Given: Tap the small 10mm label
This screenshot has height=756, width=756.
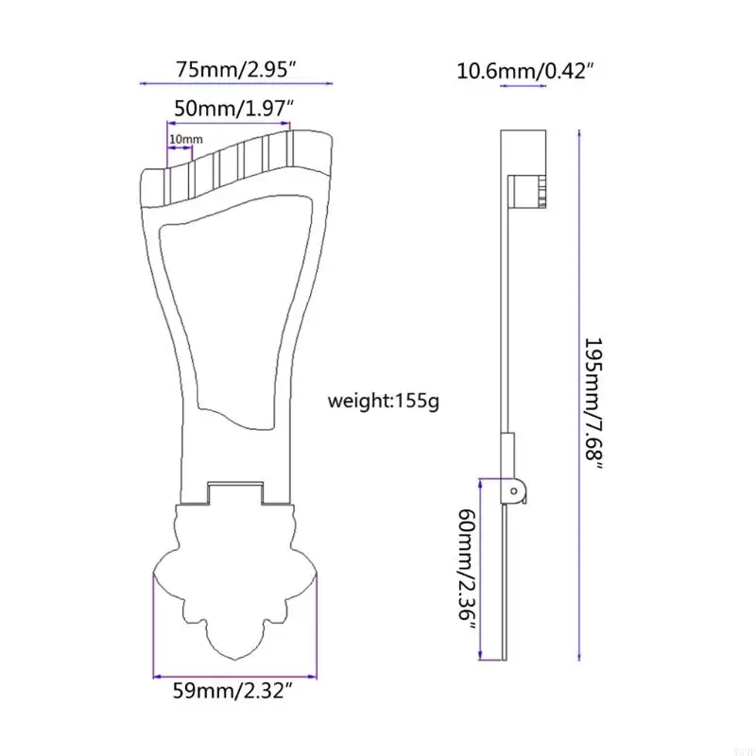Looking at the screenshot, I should point(185,140).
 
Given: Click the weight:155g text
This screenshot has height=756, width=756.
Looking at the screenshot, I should point(383,401).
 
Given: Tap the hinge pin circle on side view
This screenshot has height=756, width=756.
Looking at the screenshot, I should point(512,490).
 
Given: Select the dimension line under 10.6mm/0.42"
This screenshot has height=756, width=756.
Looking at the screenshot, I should point(523,86).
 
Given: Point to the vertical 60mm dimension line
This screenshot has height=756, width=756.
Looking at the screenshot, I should point(483,567).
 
